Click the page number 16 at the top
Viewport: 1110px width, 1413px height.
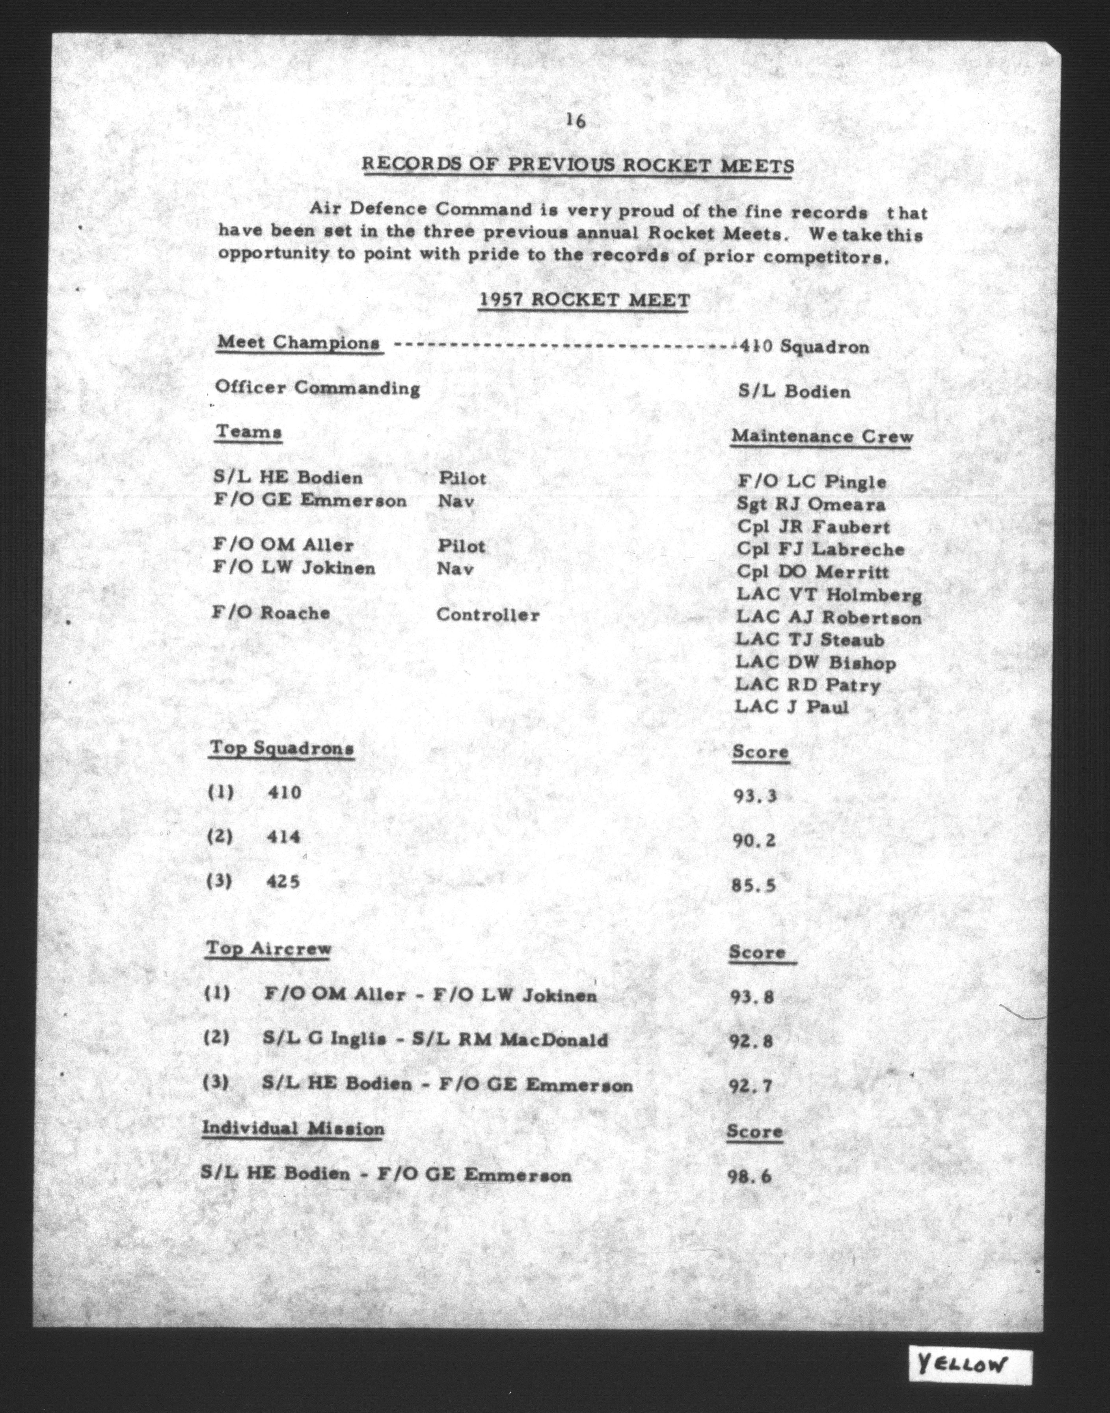(576, 121)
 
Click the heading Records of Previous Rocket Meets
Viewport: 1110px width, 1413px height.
(578, 165)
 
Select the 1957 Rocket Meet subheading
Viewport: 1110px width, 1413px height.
(584, 300)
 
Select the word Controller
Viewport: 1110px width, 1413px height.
(488, 615)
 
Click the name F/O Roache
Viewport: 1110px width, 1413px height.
(271, 613)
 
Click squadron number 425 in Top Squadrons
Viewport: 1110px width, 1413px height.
(283, 882)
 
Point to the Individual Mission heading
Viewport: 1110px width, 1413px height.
(293, 1129)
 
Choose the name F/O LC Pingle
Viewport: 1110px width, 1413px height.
(812, 482)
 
